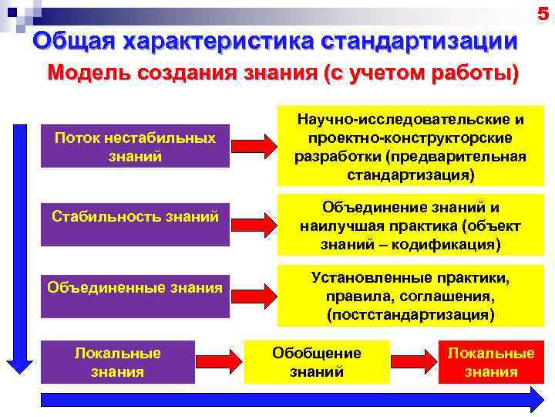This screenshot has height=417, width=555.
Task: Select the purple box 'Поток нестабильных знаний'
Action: (135, 145)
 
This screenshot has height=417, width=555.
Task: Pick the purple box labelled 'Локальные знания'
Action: (117, 362)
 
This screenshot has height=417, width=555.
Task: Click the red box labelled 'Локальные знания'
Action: (491, 362)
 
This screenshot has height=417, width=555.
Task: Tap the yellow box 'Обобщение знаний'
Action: (316, 362)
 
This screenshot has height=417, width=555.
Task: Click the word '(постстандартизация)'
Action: (410, 315)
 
